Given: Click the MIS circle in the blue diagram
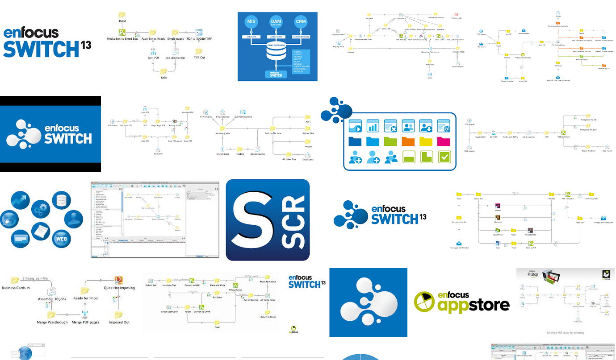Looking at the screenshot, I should click(251, 22).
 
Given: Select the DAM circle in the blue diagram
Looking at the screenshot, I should click(276, 22).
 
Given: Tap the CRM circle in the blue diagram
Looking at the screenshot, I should click(301, 22).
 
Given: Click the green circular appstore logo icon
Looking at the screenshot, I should click(425, 302).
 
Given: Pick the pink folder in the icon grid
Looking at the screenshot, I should click(444, 141).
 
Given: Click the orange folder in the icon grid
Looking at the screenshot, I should click(408, 141).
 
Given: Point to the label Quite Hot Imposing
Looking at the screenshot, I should click(119, 288).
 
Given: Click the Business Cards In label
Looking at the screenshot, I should click(16, 288).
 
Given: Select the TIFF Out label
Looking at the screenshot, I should click(199, 58).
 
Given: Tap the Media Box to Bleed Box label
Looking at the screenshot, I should click(122, 39).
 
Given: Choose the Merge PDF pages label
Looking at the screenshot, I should click(85, 322).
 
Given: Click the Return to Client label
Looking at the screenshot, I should click(268, 317).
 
